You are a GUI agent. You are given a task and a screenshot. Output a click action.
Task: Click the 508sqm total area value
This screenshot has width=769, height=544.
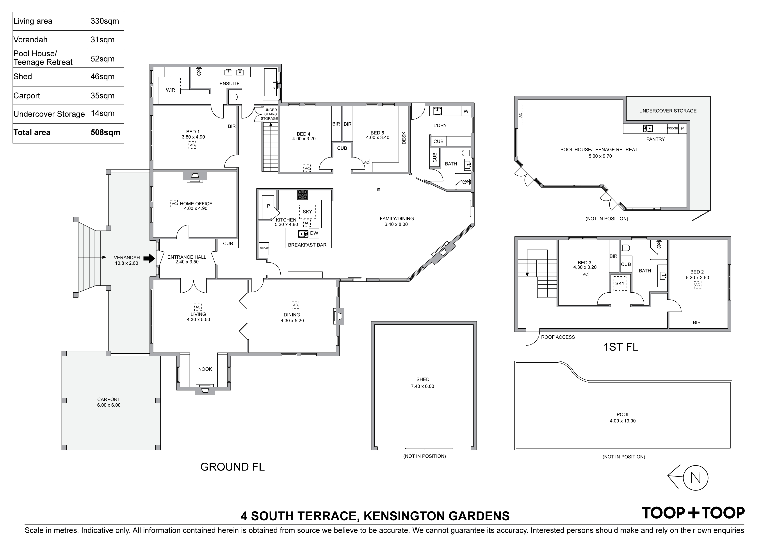(105, 132)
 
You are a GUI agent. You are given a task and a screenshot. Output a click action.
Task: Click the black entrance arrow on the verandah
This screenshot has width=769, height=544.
(149, 258)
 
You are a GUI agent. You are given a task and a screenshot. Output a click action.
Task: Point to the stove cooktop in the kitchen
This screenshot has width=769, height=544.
(303, 195)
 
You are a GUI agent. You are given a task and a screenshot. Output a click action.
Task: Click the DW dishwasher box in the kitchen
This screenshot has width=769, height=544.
(314, 233)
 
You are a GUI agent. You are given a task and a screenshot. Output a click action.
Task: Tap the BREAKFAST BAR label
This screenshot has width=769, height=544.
(307, 245)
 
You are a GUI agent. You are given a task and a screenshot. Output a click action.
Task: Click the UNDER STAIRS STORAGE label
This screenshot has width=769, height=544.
(270, 114)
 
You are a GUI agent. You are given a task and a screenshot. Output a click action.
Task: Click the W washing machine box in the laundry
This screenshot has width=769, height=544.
(466, 111)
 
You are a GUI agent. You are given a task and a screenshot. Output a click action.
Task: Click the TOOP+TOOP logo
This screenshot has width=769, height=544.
(693, 513)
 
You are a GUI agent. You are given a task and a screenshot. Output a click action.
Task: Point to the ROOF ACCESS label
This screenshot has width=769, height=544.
(558, 337)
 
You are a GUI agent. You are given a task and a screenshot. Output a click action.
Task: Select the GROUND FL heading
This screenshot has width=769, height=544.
(232, 467)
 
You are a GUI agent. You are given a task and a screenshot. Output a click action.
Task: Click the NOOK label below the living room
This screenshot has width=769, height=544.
(205, 369)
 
